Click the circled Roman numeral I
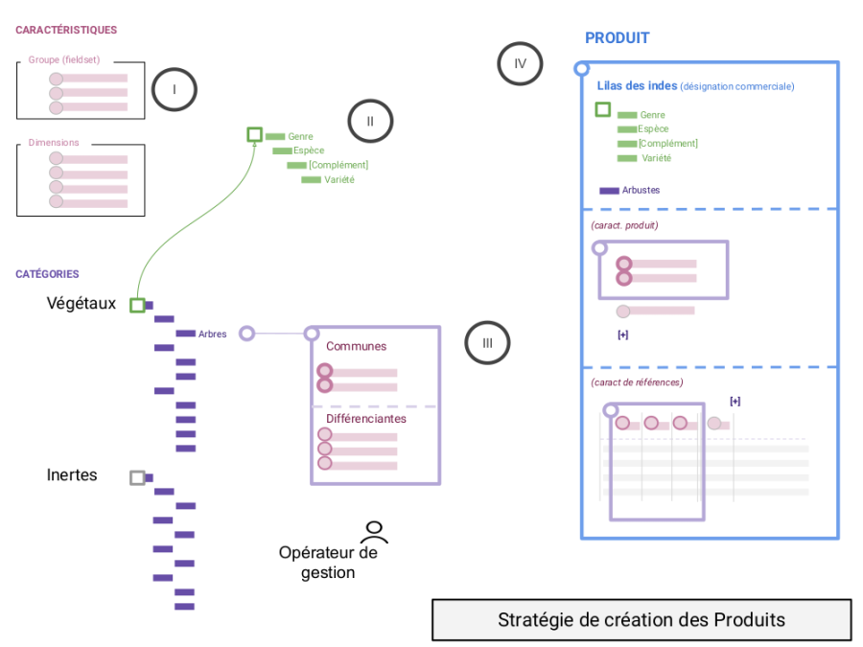(174, 90)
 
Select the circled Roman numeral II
(370, 121)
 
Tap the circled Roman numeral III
(488, 343)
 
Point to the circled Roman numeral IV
(520, 64)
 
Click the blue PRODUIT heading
(617, 38)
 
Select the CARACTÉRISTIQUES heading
(66, 31)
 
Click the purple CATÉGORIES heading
(47, 274)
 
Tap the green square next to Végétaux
(137, 305)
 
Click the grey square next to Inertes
(137, 476)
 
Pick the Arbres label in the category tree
(212, 334)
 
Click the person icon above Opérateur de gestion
(374, 531)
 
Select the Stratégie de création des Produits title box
(641, 620)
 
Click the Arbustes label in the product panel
(641, 190)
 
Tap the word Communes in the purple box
(356, 346)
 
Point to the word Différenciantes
(365, 419)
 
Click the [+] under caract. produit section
(623, 335)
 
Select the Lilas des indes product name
(637, 85)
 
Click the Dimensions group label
(54, 143)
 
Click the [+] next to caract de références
(735, 401)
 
